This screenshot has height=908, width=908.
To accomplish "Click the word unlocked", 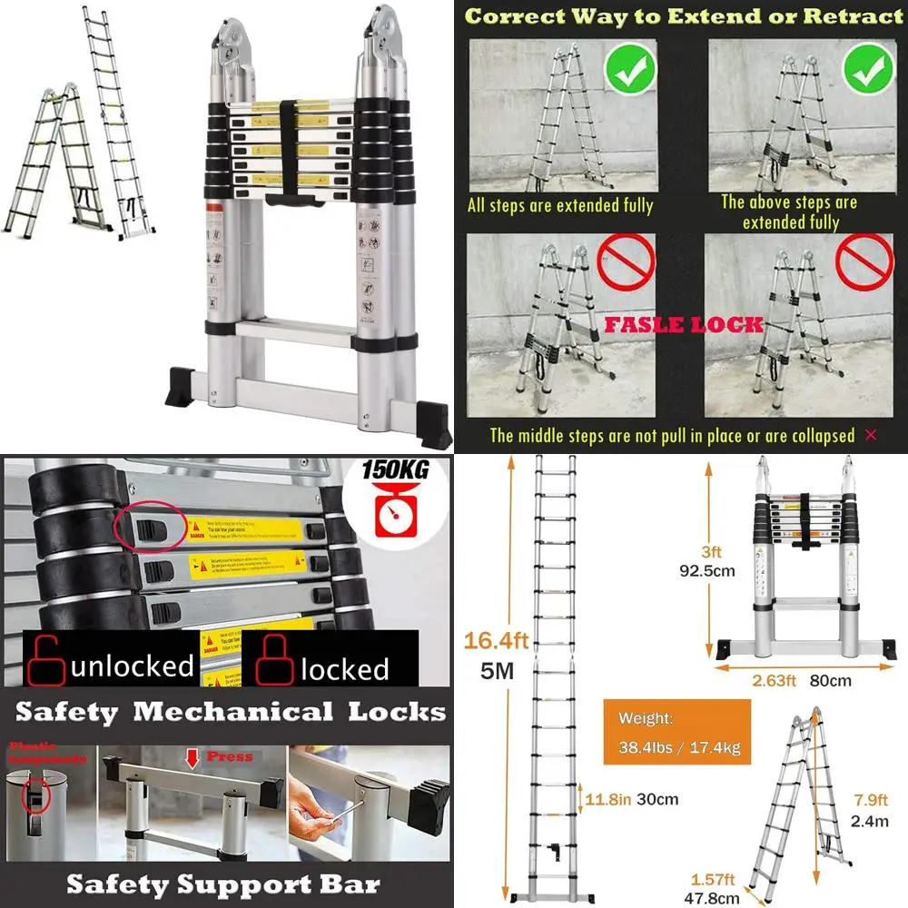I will pos(133,666).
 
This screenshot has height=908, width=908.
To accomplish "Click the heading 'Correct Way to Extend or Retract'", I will pos(684,16).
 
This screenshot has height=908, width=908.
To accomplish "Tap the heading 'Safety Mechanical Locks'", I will pos(230,712).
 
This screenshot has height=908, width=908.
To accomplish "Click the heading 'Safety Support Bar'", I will pos(223,883).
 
